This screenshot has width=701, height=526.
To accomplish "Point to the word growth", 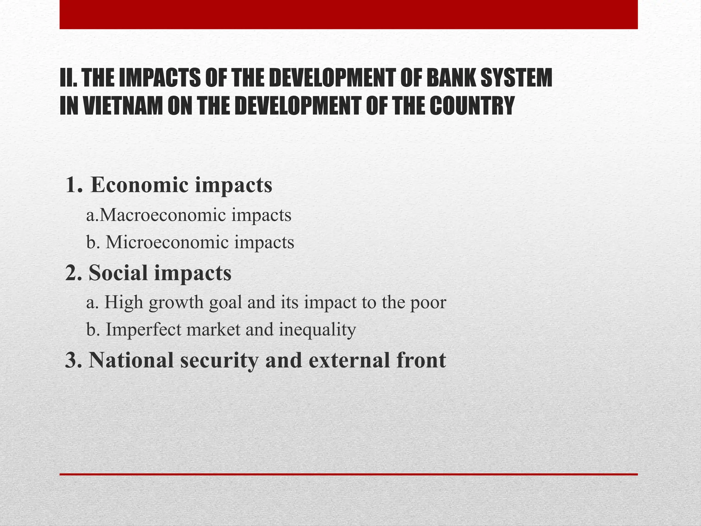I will click(x=176, y=302).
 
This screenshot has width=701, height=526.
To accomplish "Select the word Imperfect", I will click(x=144, y=329).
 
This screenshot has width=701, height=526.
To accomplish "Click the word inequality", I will click(x=317, y=330).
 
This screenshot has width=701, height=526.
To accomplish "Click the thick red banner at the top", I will click(x=348, y=14).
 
